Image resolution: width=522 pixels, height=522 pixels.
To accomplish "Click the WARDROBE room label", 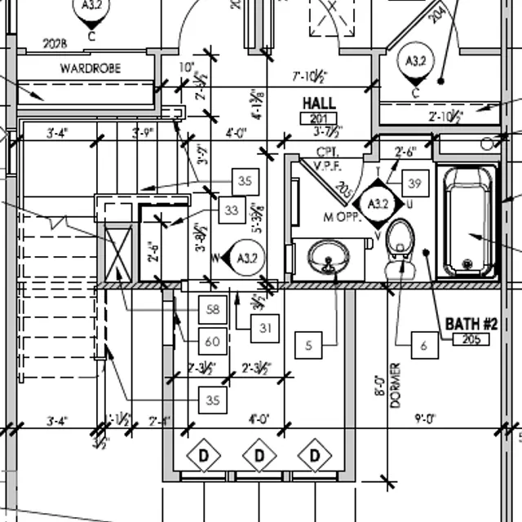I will [90, 69].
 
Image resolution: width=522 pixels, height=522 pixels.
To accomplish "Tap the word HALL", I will [319, 104].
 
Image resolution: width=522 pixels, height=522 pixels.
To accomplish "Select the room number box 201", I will [318, 119].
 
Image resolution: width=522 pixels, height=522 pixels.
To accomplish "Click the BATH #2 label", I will [471, 324].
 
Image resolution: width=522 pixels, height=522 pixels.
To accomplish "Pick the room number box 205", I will [471, 339].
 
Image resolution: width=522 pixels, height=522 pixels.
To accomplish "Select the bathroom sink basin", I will [329, 258].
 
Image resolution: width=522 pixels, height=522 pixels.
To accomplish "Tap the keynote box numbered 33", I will [232, 211].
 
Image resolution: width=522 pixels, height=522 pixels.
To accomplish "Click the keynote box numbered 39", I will [415, 184].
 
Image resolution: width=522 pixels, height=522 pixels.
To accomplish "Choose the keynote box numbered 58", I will [213, 310].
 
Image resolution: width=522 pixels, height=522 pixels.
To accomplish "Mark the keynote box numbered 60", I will [213, 340].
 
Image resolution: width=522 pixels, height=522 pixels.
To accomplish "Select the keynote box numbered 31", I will [265, 328].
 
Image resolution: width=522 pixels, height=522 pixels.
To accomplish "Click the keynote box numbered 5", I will [308, 346].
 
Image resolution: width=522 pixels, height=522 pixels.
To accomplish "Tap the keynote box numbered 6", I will [424, 346].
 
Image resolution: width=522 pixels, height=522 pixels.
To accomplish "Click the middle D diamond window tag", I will [259, 454].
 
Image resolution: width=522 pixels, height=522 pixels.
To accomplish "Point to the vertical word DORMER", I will [396, 385].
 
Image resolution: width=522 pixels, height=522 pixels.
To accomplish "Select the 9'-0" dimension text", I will [426, 418].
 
